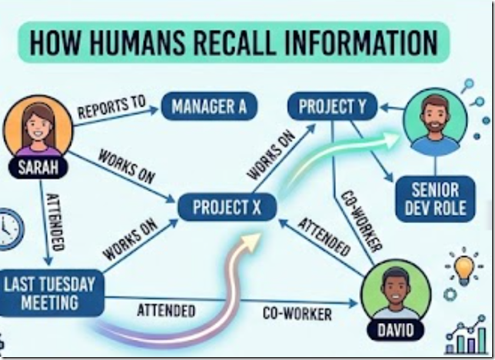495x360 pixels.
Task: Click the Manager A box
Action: tap(209, 106)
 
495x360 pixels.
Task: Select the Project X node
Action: tap(227, 207)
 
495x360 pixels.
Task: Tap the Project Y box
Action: tap(332, 106)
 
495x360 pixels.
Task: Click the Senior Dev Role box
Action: tap(435, 199)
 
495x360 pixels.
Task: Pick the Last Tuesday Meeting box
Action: tap(51, 293)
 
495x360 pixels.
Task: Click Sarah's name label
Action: tap(38, 167)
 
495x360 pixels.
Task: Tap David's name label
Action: tap(396, 330)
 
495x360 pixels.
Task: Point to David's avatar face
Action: tap(395, 291)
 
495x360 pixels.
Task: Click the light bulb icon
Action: tap(463, 267)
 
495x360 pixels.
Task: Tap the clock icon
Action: tap(10, 229)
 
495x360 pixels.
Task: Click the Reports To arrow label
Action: tap(111, 107)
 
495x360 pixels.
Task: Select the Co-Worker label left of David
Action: tap(297, 314)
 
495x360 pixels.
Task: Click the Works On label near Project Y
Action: tap(271, 156)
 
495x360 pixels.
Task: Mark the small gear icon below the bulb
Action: tap(450, 295)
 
